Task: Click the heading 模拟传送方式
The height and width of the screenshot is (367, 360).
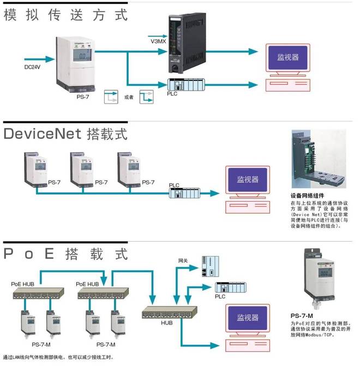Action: (x=65, y=14)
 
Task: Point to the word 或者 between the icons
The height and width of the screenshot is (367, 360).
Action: (x=129, y=97)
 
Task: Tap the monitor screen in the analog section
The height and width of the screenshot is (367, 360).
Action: (x=288, y=57)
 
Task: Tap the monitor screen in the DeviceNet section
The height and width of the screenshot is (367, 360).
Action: (x=248, y=180)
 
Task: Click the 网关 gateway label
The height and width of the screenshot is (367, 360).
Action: (x=183, y=262)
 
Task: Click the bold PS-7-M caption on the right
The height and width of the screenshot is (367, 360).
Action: (x=302, y=316)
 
